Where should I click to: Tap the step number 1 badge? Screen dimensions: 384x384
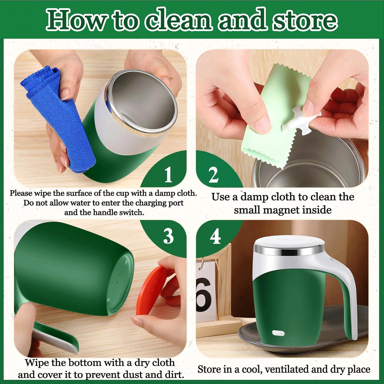(168, 175)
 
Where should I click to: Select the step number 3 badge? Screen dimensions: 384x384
(168, 236)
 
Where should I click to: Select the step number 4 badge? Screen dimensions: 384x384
(215, 236)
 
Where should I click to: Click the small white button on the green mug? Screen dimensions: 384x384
(278, 333)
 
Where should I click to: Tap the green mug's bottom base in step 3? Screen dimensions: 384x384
(120, 284)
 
